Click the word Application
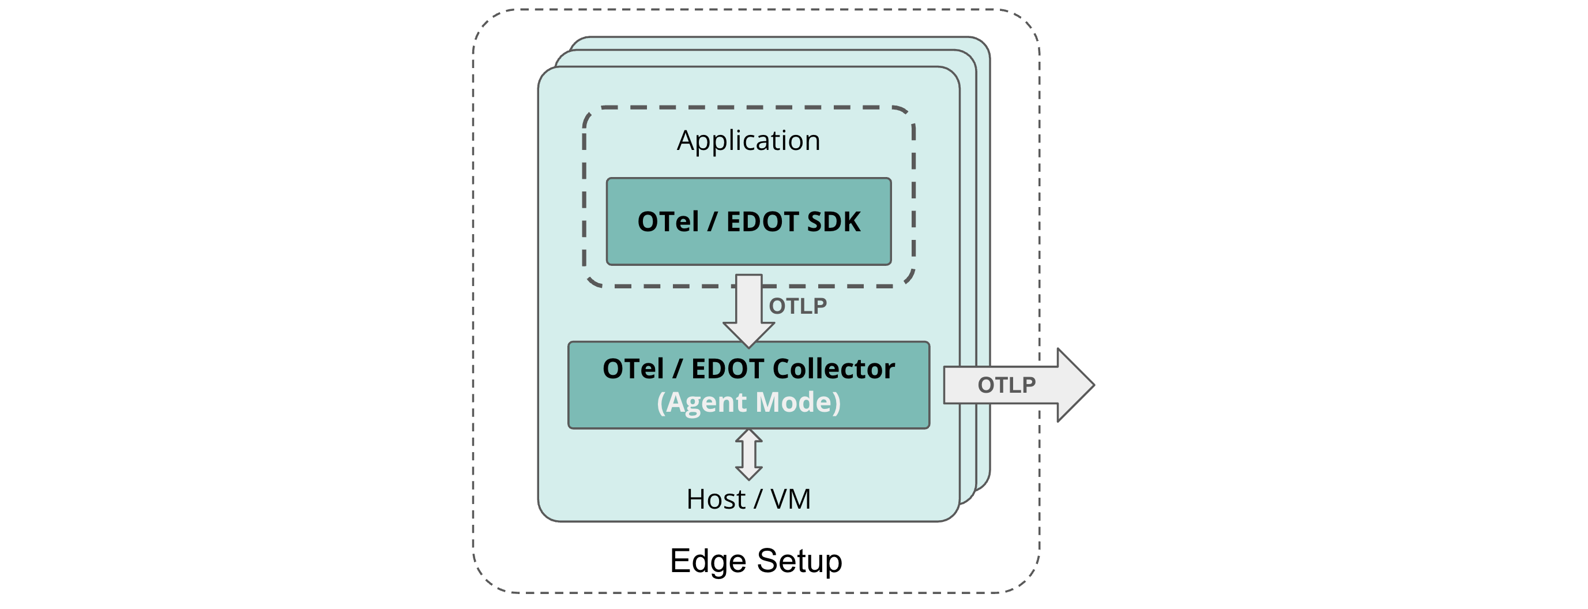[x=748, y=141]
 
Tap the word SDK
[x=833, y=222]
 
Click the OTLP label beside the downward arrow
[x=797, y=306]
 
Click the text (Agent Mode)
[x=748, y=403]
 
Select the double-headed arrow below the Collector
[x=748, y=455]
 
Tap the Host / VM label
[x=748, y=499]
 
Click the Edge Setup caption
[x=756, y=561]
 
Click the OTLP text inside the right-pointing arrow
[x=1006, y=385]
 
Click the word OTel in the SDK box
[x=668, y=222]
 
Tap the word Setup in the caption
[x=799, y=561]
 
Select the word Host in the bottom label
[x=716, y=499]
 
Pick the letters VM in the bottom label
[x=791, y=499]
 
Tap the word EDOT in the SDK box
[x=762, y=222]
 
